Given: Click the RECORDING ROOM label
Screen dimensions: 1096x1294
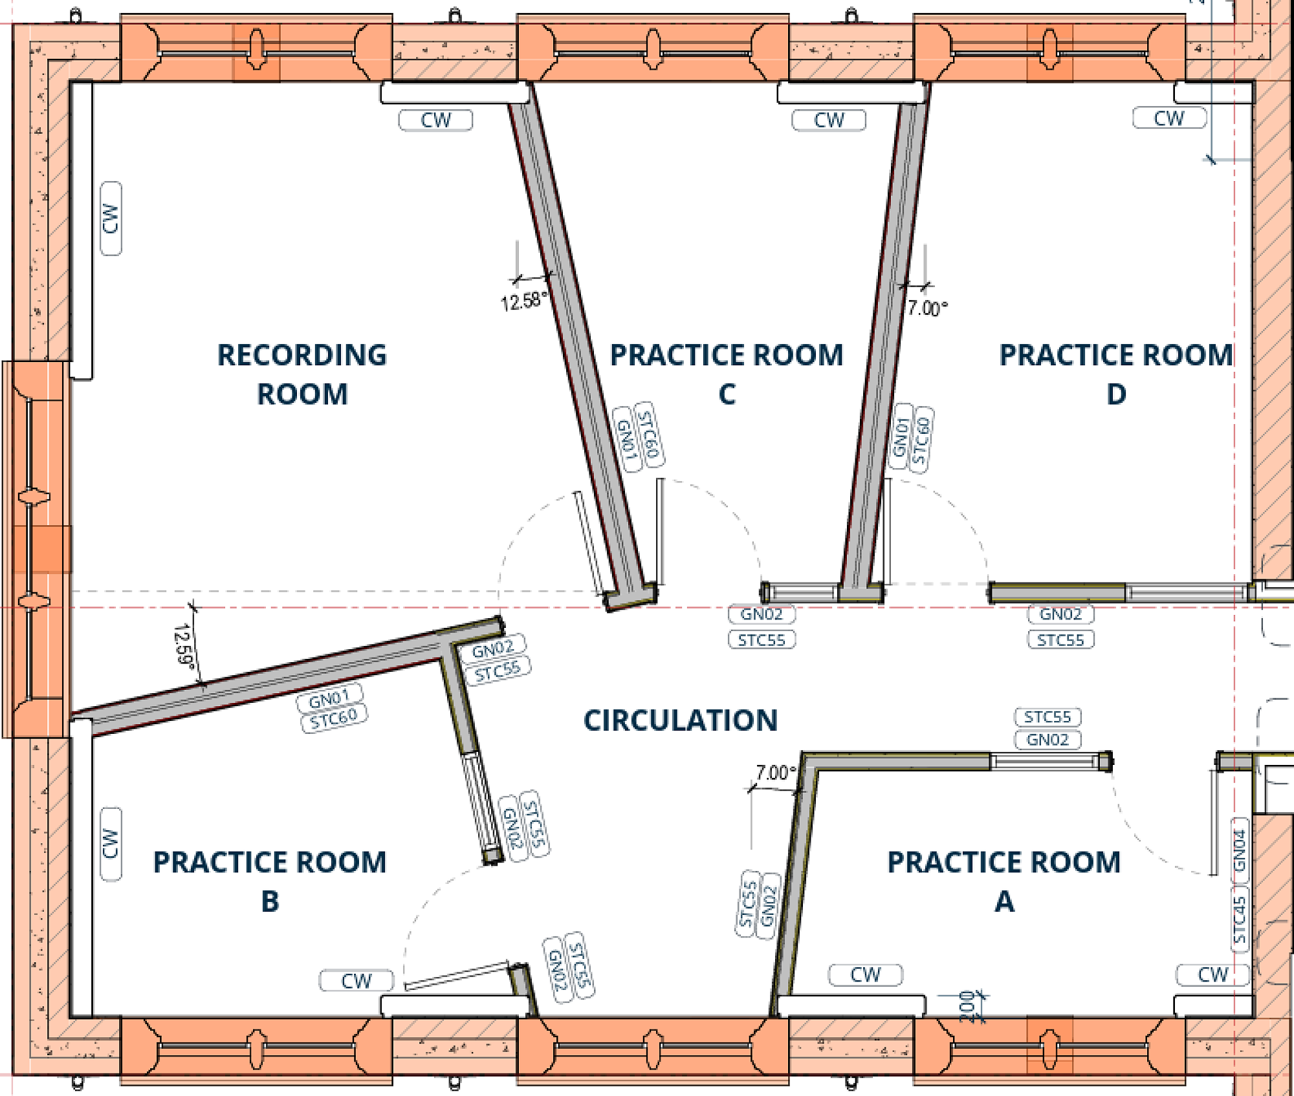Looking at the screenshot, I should point(302,374).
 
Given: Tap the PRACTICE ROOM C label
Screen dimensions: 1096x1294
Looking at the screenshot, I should point(727,374).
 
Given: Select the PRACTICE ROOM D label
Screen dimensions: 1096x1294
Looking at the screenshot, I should point(1116,374).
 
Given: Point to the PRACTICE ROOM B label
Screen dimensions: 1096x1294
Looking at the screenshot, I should point(270,881).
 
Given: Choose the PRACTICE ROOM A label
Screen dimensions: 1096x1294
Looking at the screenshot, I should point(1004,881).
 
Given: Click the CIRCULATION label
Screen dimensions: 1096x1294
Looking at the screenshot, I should point(681,720).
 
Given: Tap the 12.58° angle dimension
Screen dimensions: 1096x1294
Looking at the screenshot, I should point(523,301).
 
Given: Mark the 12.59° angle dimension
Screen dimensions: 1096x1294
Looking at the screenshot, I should point(184,644).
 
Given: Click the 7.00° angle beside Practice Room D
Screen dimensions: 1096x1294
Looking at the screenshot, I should point(927,308).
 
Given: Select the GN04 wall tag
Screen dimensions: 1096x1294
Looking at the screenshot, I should point(1239,850).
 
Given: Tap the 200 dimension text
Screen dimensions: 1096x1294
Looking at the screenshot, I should point(967,1006).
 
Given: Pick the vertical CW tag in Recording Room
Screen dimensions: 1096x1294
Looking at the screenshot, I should point(111,219).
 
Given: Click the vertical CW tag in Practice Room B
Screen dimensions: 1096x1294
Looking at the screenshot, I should point(111,844).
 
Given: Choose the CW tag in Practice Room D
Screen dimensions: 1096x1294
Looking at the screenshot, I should point(1169,118).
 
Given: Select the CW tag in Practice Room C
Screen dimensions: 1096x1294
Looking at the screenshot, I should point(829,120).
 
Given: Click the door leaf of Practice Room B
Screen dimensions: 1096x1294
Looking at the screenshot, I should point(457,976).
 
